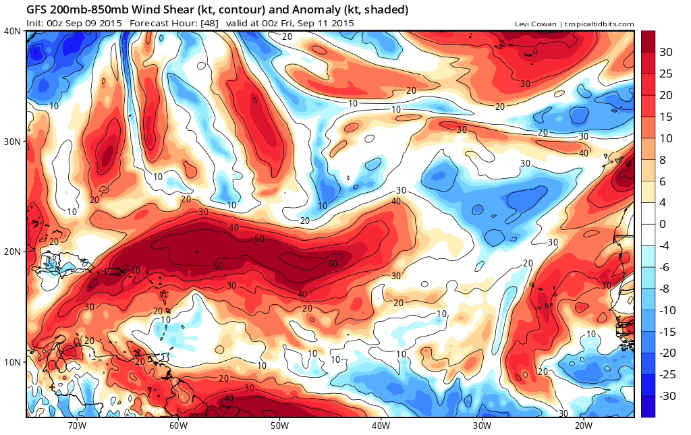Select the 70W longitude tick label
click(77, 426)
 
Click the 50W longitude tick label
click(279, 426)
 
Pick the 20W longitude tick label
click(583, 426)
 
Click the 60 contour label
click(332, 263)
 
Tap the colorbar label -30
click(667, 395)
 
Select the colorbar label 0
click(663, 223)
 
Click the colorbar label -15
click(667, 331)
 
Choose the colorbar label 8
click(663, 159)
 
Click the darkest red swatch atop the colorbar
click(648, 41)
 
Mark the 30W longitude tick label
click(482, 426)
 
